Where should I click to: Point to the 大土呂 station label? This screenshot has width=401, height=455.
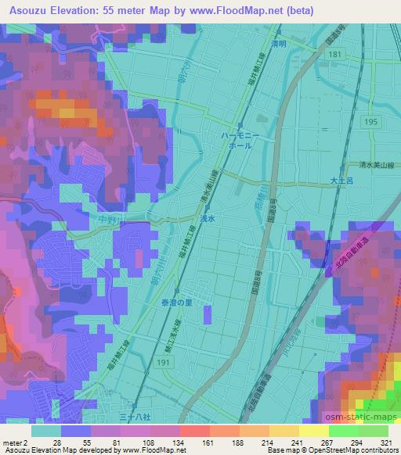click(x=342, y=181)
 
